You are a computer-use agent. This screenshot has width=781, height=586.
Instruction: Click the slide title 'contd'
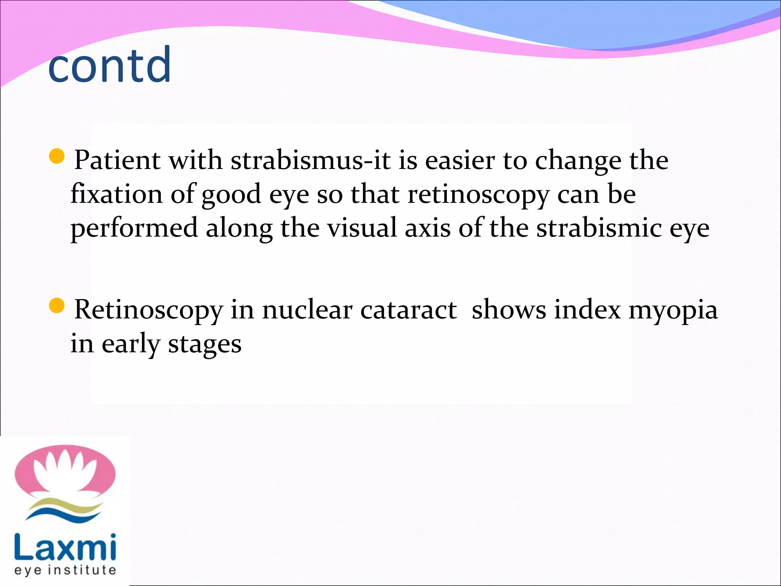pyautogui.click(x=110, y=65)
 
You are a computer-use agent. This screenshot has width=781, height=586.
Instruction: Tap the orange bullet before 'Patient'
pyautogui.click(x=57, y=156)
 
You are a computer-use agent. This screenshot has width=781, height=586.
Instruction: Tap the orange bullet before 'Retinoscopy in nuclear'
pyautogui.click(x=57, y=306)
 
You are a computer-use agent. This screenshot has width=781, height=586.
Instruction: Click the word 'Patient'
pyautogui.click(x=117, y=160)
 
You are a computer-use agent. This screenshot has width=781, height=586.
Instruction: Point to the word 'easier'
pyautogui.click(x=459, y=160)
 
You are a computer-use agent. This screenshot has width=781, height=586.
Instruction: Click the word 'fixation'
pyautogui.click(x=116, y=194)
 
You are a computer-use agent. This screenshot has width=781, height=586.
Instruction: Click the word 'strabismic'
pyautogui.click(x=599, y=228)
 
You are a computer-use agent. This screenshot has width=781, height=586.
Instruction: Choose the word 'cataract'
pyautogui.click(x=408, y=310)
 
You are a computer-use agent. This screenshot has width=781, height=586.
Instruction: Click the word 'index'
pyautogui.click(x=587, y=310)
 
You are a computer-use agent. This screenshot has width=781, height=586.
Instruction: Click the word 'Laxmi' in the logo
pyautogui.click(x=65, y=547)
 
